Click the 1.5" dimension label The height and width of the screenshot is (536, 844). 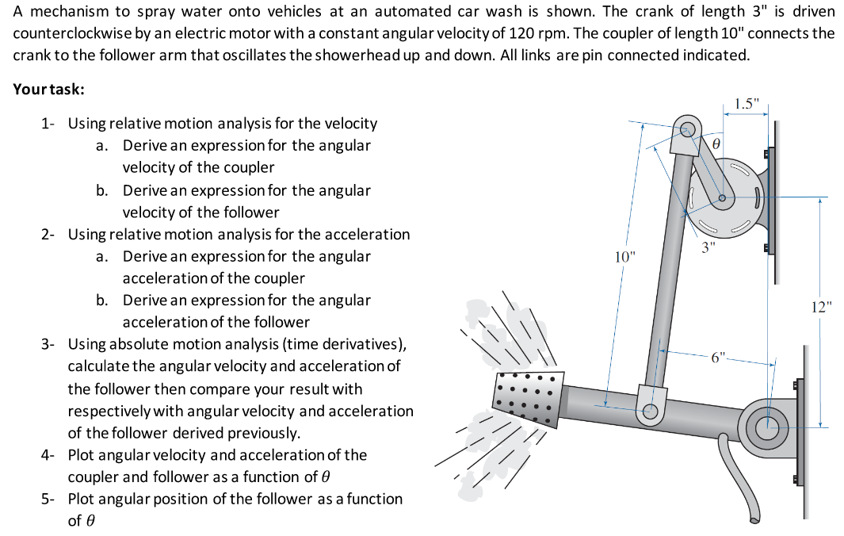click(746, 104)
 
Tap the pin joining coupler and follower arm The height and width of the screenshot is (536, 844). click(651, 411)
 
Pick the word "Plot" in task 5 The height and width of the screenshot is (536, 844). click(82, 499)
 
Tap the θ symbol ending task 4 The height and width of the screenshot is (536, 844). click(323, 477)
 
